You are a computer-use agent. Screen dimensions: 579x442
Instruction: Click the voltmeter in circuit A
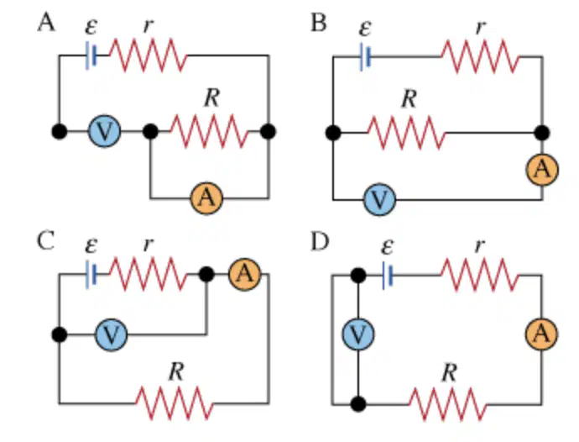click(x=105, y=131)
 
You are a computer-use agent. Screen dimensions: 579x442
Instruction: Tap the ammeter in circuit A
click(x=206, y=197)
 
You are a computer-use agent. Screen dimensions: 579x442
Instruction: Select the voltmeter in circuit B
click(x=379, y=200)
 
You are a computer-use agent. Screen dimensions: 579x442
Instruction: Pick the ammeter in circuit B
click(x=542, y=170)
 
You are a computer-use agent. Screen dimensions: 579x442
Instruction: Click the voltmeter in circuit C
click(x=111, y=334)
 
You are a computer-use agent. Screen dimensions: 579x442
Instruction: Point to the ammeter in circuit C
click(x=245, y=275)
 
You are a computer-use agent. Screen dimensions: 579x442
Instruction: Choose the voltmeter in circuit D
click(x=358, y=334)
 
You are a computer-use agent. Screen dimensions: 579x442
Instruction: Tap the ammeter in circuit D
click(x=541, y=334)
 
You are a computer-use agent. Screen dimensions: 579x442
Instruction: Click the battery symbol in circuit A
click(x=91, y=55)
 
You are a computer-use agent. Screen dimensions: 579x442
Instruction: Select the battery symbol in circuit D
click(x=388, y=275)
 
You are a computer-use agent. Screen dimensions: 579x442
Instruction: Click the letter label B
click(x=319, y=23)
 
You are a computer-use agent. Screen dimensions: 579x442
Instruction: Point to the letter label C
click(x=46, y=241)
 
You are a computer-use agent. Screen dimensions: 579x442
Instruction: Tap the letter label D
click(x=320, y=242)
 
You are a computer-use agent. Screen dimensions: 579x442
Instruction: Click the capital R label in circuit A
click(x=212, y=98)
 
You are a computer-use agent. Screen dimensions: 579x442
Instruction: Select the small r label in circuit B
click(x=480, y=27)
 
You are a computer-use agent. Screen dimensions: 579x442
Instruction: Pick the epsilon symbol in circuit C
click(x=91, y=245)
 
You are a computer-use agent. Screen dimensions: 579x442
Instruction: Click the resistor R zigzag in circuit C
click(x=175, y=403)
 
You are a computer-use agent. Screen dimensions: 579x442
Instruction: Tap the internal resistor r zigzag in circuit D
click(x=480, y=275)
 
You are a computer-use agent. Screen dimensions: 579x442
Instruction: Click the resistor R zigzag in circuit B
click(x=406, y=133)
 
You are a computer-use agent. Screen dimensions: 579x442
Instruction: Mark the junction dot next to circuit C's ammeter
click(x=206, y=275)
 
